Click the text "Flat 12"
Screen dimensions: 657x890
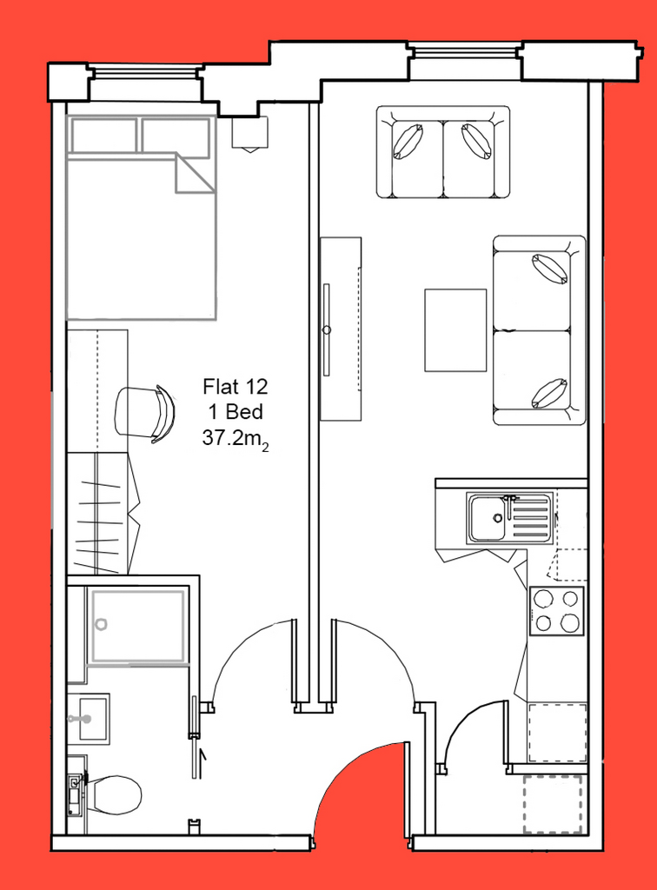(x=236, y=387)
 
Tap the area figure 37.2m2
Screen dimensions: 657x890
(x=236, y=440)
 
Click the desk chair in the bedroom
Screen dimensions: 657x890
(x=144, y=413)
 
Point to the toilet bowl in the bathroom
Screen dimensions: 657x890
(x=116, y=794)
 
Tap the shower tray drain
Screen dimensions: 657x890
(x=101, y=624)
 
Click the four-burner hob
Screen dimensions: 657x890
(x=556, y=611)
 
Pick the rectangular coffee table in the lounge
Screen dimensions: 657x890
(x=455, y=330)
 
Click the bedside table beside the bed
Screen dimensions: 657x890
(x=249, y=132)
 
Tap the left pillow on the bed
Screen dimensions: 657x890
(x=103, y=135)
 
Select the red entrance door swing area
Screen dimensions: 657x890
(x=363, y=789)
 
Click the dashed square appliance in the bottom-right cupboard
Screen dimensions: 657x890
(x=554, y=805)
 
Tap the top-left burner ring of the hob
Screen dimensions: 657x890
(x=543, y=598)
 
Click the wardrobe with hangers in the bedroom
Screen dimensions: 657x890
(x=103, y=513)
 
